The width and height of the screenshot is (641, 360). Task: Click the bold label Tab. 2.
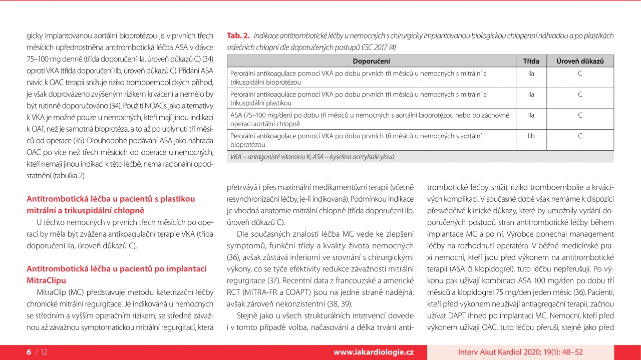(238, 36)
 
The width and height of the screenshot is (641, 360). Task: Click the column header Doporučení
(371, 61)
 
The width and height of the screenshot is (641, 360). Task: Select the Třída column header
(531, 61)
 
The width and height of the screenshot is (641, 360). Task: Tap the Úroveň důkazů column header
(579, 61)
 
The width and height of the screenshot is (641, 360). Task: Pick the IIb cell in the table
(531, 136)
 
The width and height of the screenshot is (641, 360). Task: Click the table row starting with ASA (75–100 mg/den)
(371, 119)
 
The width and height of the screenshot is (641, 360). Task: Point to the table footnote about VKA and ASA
(312, 157)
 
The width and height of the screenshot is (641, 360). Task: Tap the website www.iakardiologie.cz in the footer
(374, 352)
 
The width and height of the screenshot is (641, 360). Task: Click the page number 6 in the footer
(29, 352)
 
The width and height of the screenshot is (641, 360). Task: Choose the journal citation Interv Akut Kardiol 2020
(520, 352)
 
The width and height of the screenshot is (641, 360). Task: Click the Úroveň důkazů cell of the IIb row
(579, 136)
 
